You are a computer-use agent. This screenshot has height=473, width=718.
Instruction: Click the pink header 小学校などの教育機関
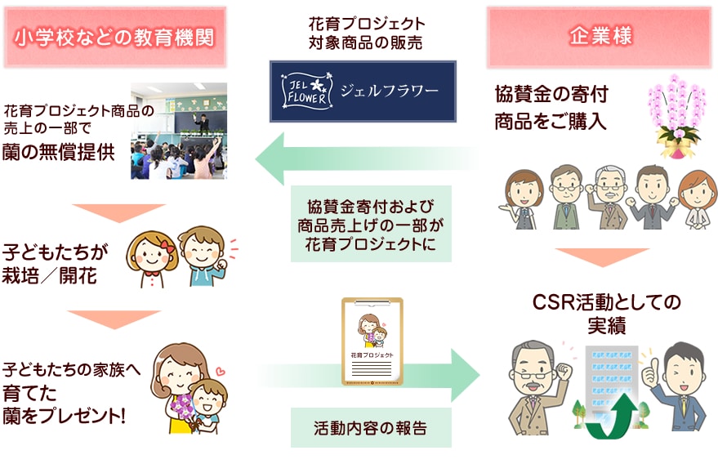point(115,38)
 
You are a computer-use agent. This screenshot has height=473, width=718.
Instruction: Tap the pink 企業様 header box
point(600,37)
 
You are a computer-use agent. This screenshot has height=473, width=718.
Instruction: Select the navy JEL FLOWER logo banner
point(363,91)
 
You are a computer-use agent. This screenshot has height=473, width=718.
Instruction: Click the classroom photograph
point(179,131)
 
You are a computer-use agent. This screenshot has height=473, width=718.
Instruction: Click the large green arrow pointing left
point(366,158)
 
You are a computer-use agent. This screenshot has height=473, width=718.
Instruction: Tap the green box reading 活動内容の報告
point(371,428)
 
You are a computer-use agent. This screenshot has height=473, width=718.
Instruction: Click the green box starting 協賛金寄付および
point(371,224)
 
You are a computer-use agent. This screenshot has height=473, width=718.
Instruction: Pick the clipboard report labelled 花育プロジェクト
point(372,341)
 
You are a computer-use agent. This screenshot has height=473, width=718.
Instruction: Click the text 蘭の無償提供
point(58,153)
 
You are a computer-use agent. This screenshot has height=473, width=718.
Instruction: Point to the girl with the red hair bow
point(152,259)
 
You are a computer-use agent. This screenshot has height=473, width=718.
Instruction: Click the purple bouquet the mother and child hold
point(183,407)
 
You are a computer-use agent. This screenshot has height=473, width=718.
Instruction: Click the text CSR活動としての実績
point(606,315)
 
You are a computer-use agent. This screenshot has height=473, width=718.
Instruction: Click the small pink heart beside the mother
point(221,371)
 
